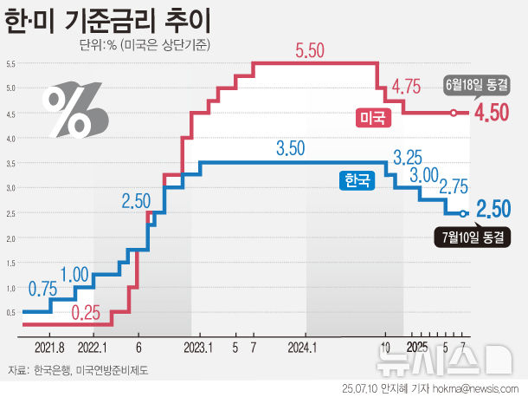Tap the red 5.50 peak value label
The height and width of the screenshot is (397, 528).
[x=310, y=51]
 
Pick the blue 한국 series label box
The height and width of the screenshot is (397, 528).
[x=356, y=180]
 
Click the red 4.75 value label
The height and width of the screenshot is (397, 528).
[x=406, y=87]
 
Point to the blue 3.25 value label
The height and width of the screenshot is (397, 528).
[x=407, y=159]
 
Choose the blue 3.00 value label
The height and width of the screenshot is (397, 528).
[x=424, y=176]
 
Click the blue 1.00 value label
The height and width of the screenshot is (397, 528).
[x=74, y=275]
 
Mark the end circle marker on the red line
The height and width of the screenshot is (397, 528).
[x=453, y=113]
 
